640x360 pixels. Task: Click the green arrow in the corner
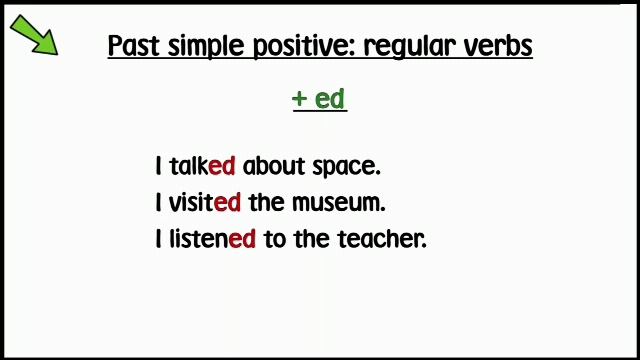point(35,35)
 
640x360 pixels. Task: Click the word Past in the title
point(128,46)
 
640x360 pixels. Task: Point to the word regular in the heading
point(393,47)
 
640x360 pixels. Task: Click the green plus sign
point(299,99)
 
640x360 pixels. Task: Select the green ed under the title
point(330,99)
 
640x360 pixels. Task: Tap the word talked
point(202,165)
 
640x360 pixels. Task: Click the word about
point(274,165)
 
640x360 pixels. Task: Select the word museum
point(337,202)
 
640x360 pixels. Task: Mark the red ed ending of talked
point(222,165)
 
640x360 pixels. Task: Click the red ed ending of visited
point(228,202)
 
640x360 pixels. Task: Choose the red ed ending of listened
point(243,239)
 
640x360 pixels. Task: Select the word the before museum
point(267,202)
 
